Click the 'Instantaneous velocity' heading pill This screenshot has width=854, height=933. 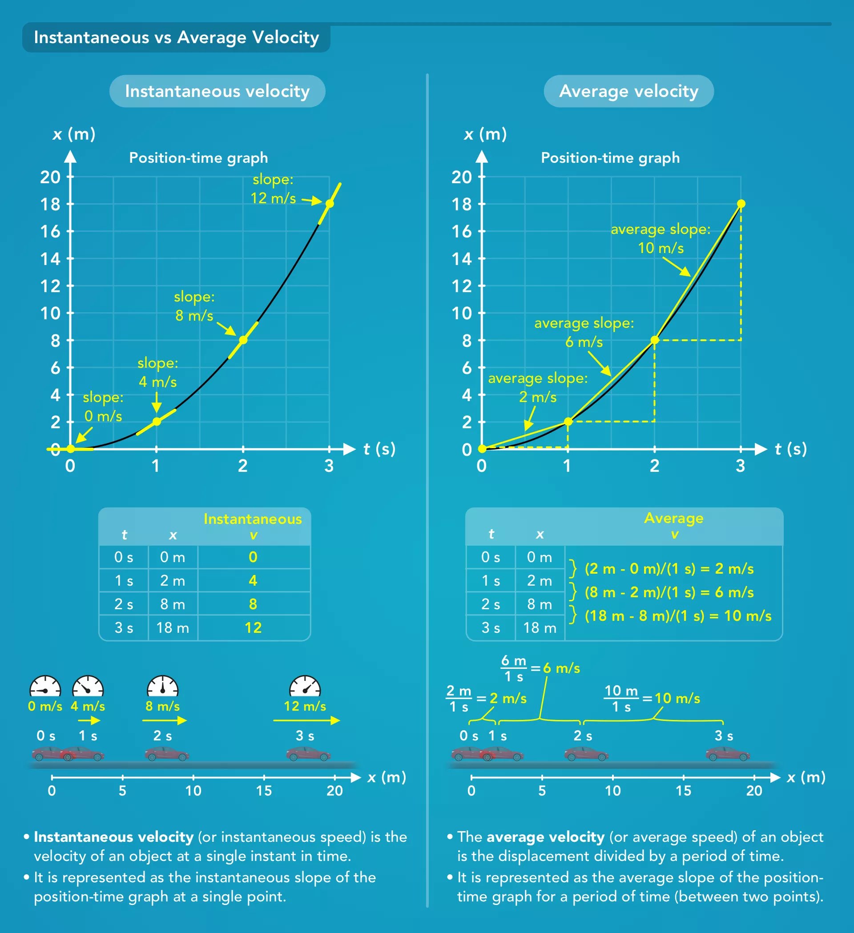pos(217,91)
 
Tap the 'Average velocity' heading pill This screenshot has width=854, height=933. pos(628,91)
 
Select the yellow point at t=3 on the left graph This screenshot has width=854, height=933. pos(329,204)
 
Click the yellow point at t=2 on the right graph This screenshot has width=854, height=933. pos(654,340)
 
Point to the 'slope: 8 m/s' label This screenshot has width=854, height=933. pos(194,306)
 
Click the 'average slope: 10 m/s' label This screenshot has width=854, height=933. pos(661,239)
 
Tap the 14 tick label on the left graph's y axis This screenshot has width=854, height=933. pos(50,259)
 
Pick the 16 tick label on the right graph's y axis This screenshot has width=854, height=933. pos(462,231)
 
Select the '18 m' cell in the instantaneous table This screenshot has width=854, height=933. pos(173,627)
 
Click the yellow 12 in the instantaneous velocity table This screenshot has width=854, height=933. pos(253,627)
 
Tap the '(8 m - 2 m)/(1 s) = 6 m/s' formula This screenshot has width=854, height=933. pos(669,592)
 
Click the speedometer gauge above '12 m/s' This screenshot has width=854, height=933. pos(305,686)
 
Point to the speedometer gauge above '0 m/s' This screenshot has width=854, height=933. pos(45,686)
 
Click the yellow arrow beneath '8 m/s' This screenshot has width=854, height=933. pos(164,720)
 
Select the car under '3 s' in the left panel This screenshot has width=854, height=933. pos(308,754)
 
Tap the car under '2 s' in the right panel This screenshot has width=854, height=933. pos(586,754)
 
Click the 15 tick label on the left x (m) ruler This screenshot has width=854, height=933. pos(264,790)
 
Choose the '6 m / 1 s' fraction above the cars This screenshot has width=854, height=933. pos(514,668)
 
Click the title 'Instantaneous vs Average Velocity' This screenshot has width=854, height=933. pos(176,37)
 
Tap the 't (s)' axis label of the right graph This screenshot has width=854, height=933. pos(790,449)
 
